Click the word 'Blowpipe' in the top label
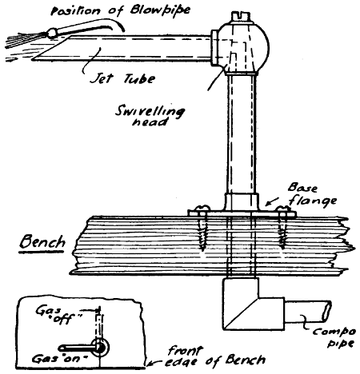(161, 10)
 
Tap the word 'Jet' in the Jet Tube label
(102, 78)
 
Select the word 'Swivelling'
(150, 112)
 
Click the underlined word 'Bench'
(42, 242)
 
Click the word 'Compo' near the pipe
(334, 332)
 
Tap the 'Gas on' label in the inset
(60, 359)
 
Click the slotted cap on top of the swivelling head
(241, 17)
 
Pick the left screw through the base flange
(202, 228)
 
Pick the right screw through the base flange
(283, 227)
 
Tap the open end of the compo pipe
(326, 311)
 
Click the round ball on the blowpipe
(51, 33)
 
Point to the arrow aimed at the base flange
(272, 201)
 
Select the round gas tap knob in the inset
(99, 347)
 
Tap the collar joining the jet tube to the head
(214, 48)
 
